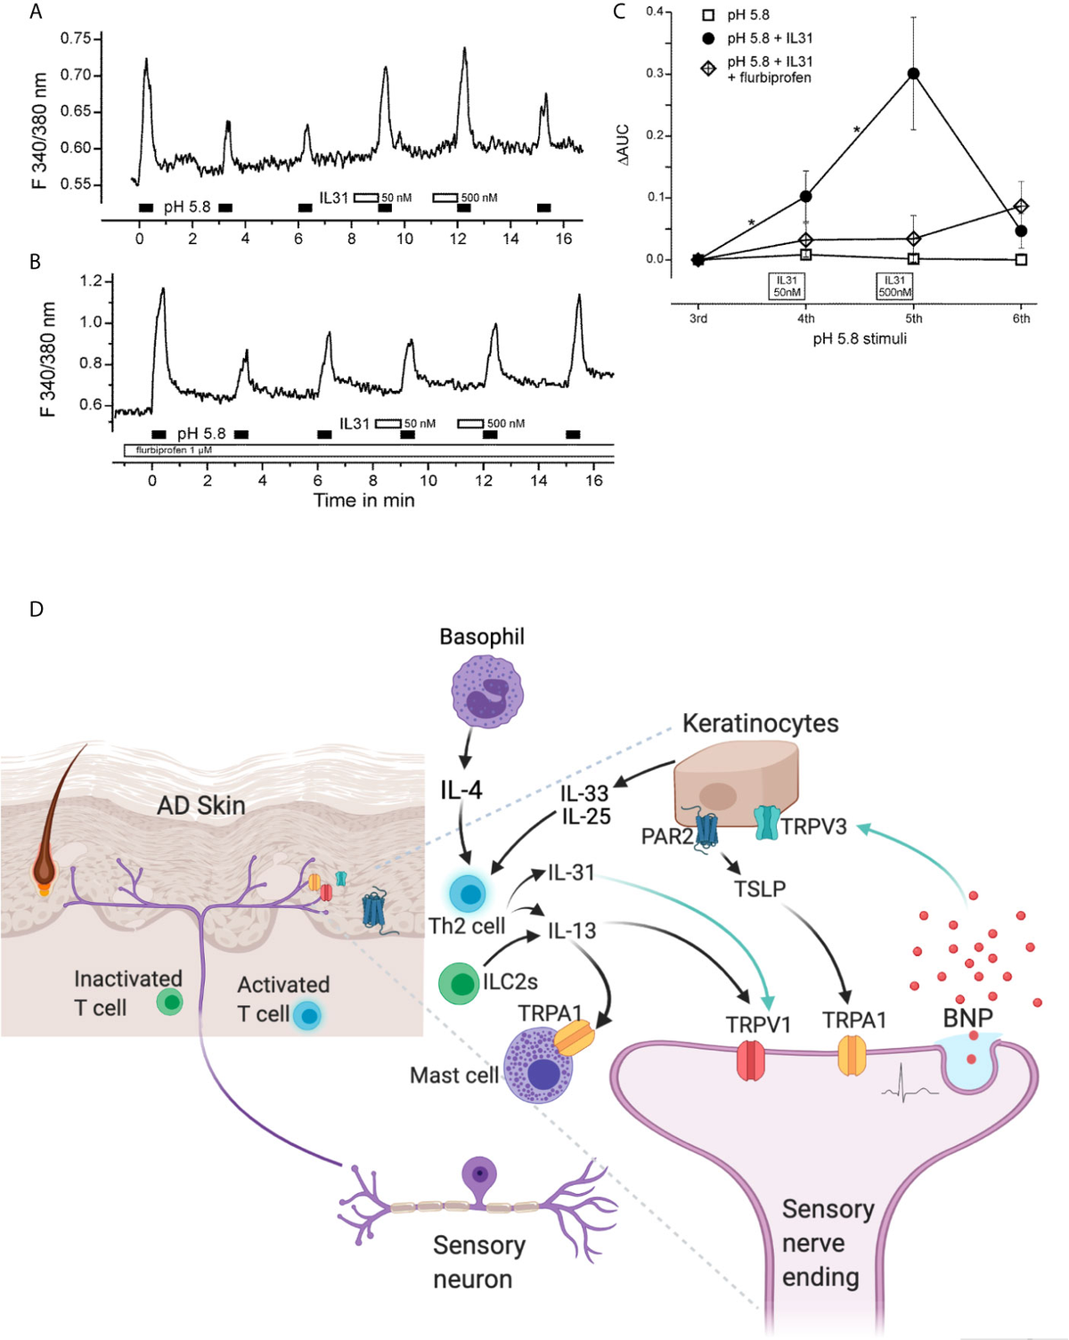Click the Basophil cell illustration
pos(487,692)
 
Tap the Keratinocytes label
pos(760,723)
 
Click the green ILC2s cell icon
pos(460,984)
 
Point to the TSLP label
pos(760,889)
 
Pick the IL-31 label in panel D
pos(571,873)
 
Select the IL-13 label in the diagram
pos(571,931)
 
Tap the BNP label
pos(967,1018)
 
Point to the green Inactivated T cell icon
pos(169,1003)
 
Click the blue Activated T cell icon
pos(306,1015)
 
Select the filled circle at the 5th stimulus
pos(913,74)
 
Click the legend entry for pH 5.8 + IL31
pos(769,38)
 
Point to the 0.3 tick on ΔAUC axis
pos(655,73)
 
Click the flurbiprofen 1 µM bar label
pos(174,451)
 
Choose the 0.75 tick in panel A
pos(76,38)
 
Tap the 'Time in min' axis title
pos(363,500)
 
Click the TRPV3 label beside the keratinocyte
pos(813,826)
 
